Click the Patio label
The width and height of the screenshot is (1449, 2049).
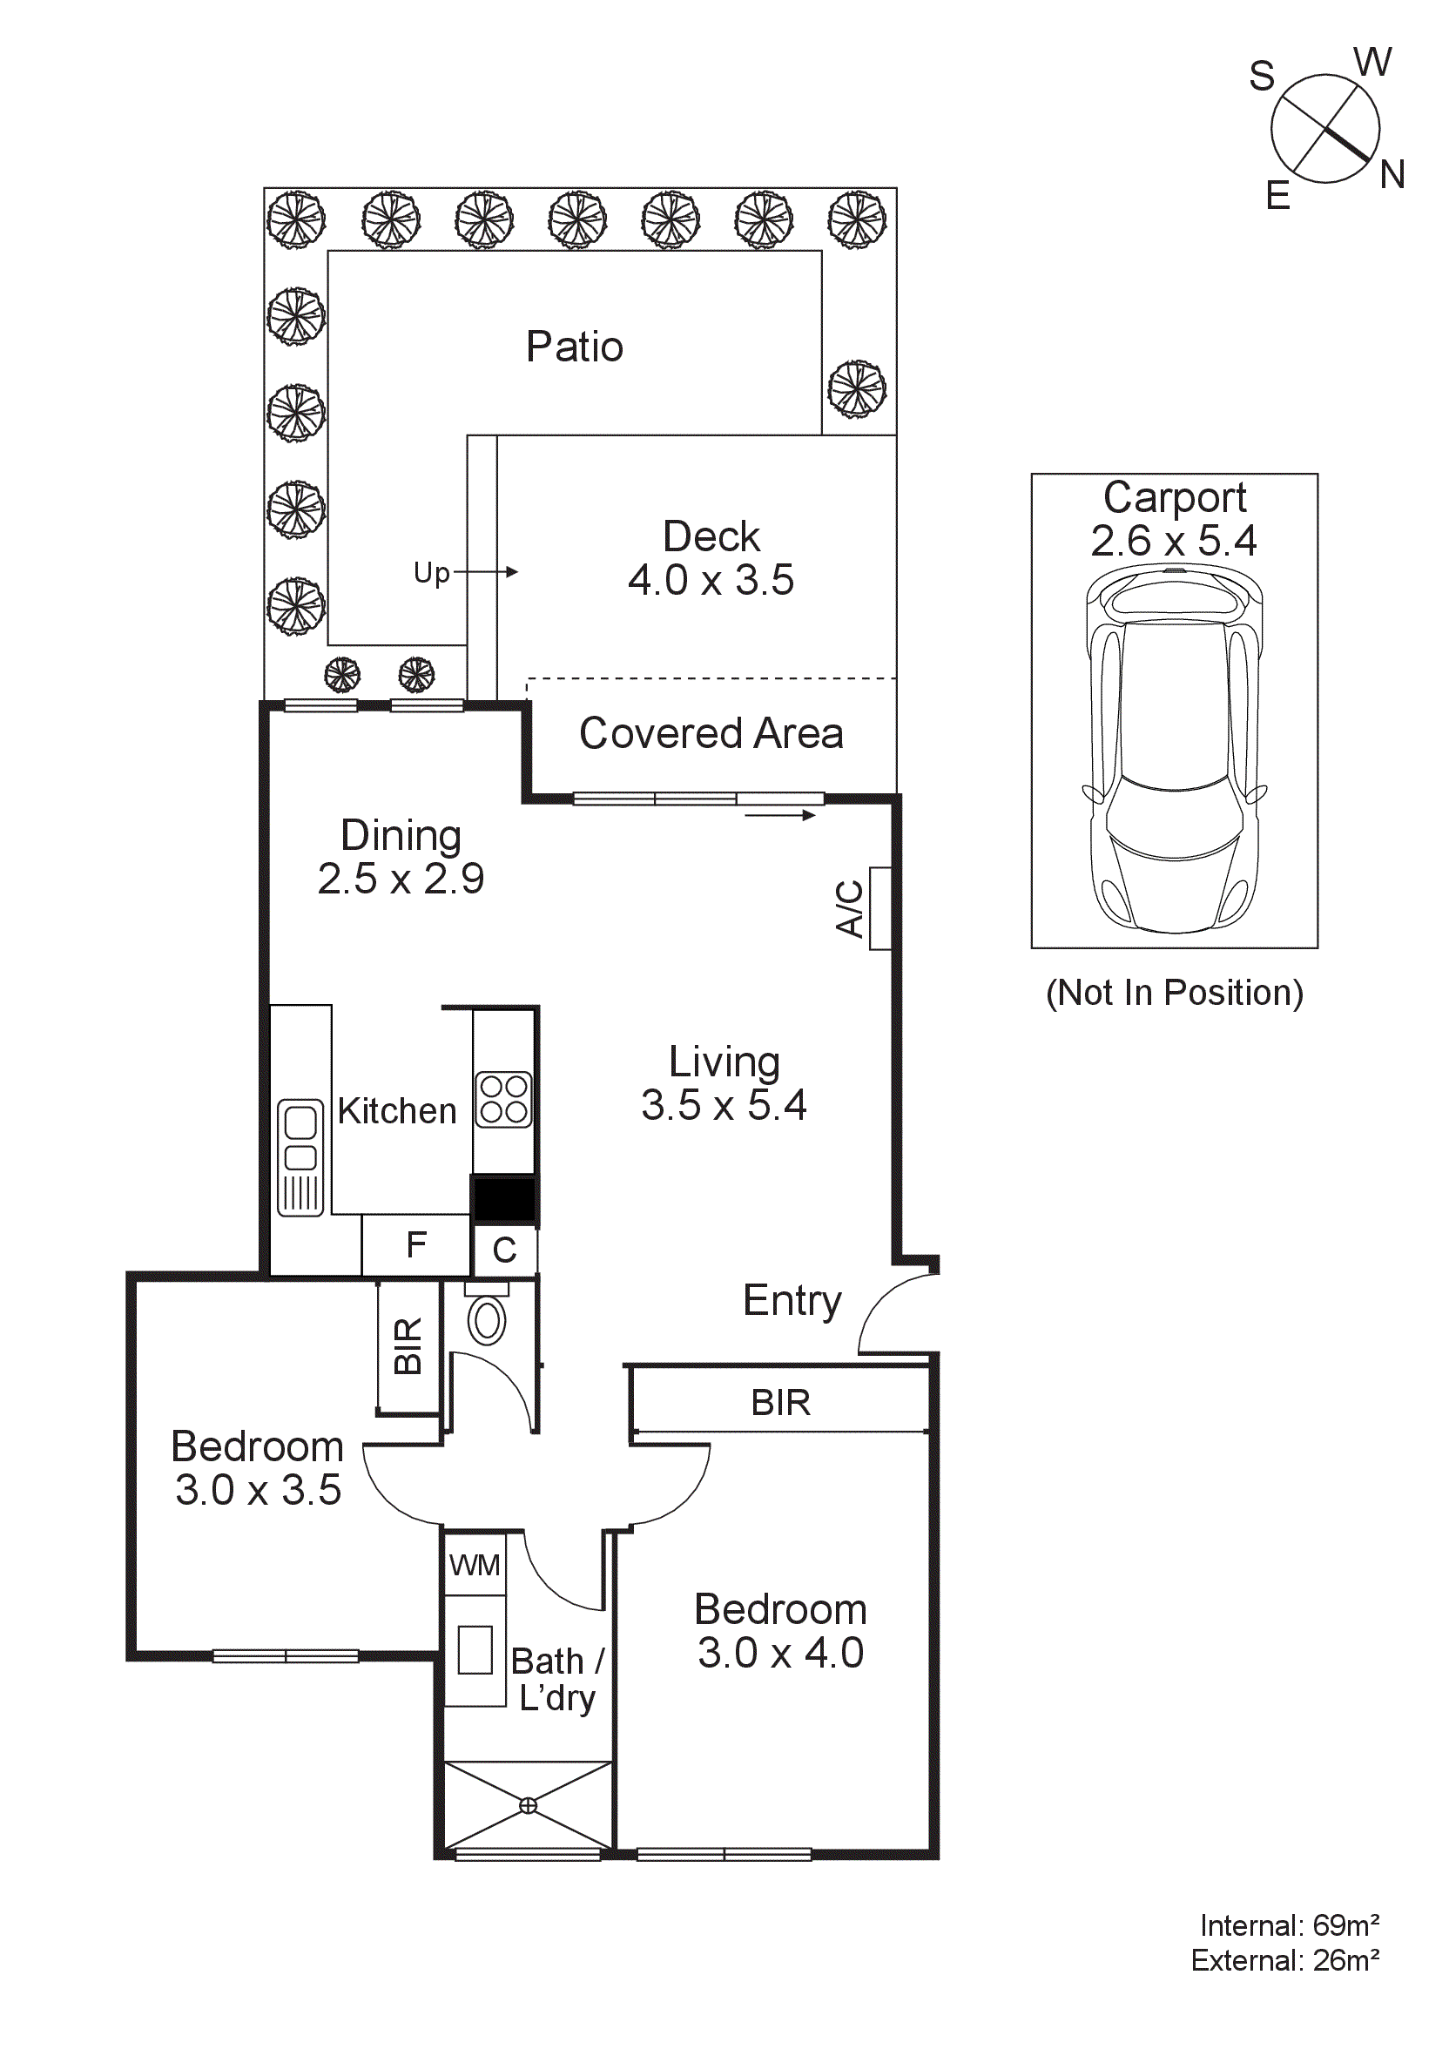574,347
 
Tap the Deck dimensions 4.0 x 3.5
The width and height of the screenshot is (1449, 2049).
711,580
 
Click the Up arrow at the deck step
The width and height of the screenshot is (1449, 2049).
485,571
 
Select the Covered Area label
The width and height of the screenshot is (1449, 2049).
711,732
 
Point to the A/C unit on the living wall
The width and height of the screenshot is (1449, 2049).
879,907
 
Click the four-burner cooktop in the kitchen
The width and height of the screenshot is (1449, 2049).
503,1100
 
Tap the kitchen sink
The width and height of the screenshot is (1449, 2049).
300,1156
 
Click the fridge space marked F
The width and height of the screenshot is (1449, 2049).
415,1244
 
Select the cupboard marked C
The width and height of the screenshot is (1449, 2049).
504,1250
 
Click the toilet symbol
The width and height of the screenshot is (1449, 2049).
487,1322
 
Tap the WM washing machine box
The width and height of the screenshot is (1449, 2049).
475,1565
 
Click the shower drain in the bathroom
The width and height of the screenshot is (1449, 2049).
529,1805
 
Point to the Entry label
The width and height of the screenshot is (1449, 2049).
792,1300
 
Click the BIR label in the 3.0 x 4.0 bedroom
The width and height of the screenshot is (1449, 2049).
780,1403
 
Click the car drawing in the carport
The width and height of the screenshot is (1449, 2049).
1173,750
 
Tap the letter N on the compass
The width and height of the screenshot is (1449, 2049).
1392,174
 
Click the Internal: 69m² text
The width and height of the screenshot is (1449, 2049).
1289,1925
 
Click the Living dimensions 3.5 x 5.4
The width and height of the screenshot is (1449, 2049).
724,1105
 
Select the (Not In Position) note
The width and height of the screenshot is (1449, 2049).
1173,993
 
